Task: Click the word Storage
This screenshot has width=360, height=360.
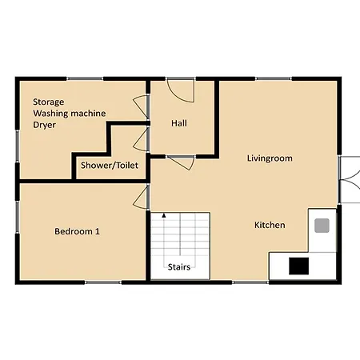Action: pos(49,102)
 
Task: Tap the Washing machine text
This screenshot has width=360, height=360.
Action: pos(70,114)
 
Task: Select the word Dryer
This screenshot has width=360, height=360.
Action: pos(44,125)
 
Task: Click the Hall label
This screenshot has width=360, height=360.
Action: pos(179,123)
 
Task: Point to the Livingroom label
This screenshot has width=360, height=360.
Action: pos(270,158)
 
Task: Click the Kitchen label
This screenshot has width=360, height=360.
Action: pos(270,225)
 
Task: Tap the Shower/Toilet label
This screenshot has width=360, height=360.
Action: pos(110,166)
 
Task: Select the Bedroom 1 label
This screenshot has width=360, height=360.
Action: pos(77,231)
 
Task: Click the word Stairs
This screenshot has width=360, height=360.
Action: pos(179,267)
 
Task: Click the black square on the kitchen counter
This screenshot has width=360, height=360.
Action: pos(299,266)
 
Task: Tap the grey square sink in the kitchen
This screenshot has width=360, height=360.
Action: pos(322,226)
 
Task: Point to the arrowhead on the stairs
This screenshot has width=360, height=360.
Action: pos(164,215)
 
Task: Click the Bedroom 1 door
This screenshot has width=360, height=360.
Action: pos(141,197)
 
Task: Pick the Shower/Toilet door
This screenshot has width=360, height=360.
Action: pos(141,140)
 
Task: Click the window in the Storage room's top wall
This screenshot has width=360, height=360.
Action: pos(85,78)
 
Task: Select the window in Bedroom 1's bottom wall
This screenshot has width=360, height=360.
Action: pos(103,282)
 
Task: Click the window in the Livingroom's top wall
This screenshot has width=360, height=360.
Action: pos(274,78)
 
